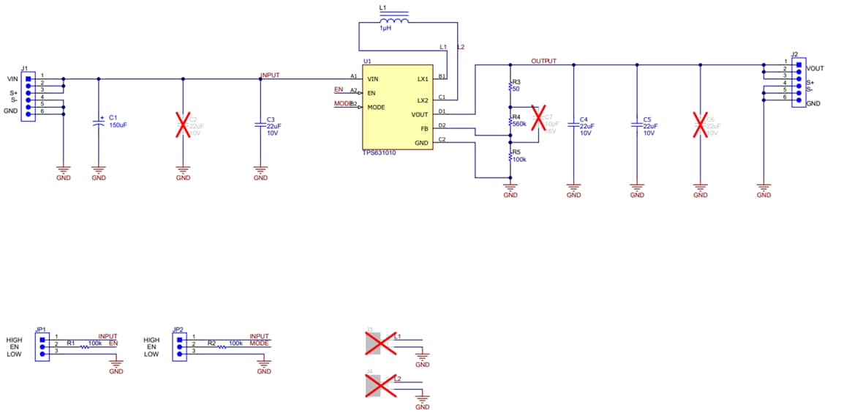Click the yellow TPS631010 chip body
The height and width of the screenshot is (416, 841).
point(397,110)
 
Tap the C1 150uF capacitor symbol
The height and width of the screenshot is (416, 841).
point(99,124)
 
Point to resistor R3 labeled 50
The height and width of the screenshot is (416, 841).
point(510,86)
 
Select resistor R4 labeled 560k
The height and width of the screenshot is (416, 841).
point(510,122)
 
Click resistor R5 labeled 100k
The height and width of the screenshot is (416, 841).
point(510,156)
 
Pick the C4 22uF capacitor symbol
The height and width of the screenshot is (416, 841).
point(573,125)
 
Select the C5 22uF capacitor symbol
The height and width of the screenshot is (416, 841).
point(637,125)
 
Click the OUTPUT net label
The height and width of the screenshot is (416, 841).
point(543,61)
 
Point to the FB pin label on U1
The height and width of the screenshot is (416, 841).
point(424,129)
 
